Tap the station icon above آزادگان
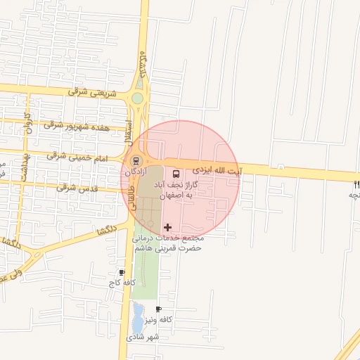pos(136,160)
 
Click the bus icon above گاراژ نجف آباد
pos(175,173)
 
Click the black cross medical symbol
pos(167,227)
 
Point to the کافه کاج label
pos(116,283)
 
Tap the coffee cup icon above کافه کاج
pos(122,272)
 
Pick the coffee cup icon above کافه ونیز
pos(158,309)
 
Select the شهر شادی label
pos(143,337)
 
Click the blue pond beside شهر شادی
pos(138,318)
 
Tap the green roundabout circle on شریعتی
pos(138,98)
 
